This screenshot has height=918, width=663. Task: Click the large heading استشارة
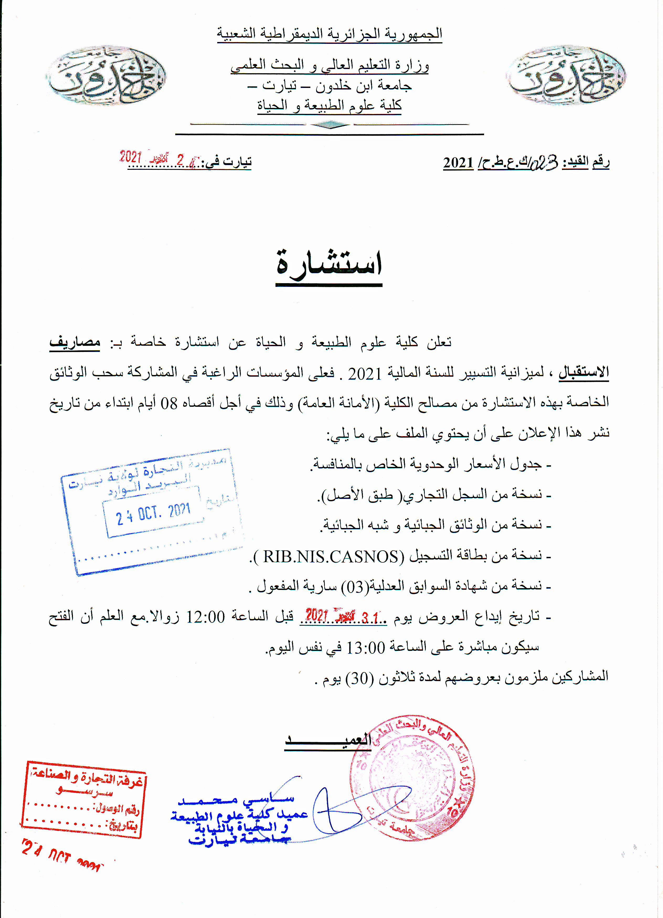pyautogui.click(x=329, y=264)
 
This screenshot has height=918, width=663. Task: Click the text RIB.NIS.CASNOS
pyautogui.click(x=331, y=557)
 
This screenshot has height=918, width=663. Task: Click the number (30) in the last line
pyautogui.click(x=359, y=678)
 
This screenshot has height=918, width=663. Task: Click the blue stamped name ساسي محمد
pyautogui.click(x=236, y=800)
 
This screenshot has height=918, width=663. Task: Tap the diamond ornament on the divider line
pyautogui.click(x=330, y=125)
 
